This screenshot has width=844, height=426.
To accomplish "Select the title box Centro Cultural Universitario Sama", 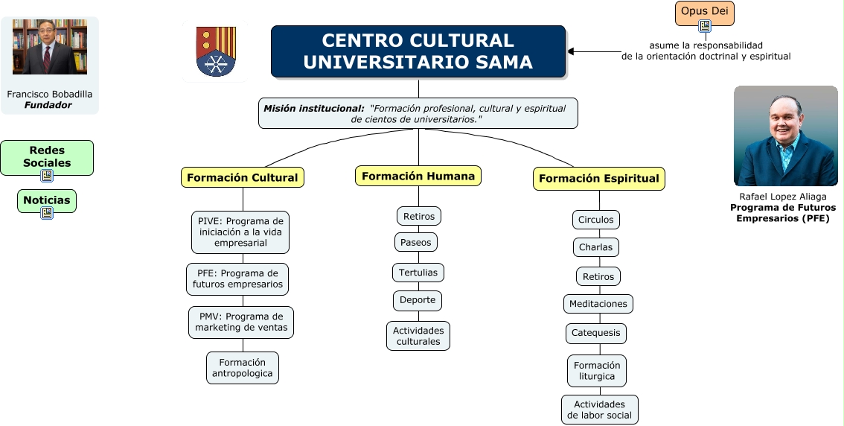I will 418,51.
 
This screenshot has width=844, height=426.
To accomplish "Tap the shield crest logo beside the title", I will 215,51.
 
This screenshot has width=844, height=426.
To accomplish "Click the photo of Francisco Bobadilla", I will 50,47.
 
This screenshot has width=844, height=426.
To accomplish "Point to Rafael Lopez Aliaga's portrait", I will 785,136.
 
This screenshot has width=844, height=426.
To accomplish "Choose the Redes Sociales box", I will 47,156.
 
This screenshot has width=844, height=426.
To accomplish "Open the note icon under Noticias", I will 47,213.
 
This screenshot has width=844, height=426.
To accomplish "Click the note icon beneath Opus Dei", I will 705,27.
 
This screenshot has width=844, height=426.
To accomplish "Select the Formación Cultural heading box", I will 242,177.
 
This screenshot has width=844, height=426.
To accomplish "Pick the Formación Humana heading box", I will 418,176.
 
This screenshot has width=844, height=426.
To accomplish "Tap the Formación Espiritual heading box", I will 598,179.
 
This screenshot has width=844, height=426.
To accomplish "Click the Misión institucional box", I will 418,113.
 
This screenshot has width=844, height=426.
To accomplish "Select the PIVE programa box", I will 240,232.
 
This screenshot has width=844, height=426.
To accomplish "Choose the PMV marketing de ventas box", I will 241,322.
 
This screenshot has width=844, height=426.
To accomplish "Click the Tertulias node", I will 418,273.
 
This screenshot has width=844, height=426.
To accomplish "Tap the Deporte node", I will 418,301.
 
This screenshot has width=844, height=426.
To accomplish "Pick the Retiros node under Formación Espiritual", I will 598,276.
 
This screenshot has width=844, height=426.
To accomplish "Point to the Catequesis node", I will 595,333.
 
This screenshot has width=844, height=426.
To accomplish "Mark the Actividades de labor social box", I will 599,410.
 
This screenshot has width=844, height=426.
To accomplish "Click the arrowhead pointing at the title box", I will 572,51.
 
